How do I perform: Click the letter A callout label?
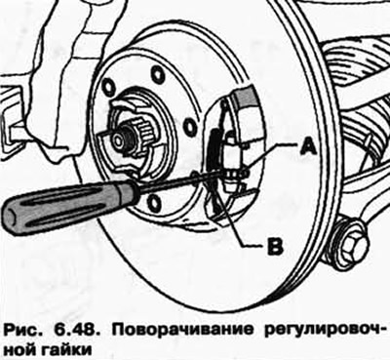coord(308,147)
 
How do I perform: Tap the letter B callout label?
coord(275,246)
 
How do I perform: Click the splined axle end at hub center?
coord(129,137)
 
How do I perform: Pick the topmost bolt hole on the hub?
coord(158,74)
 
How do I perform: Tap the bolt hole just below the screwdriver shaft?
coord(154,202)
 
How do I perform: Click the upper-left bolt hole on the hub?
coord(108,87)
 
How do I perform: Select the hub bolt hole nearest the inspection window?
coord(189,126)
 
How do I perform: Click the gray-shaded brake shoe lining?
coord(246,97)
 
